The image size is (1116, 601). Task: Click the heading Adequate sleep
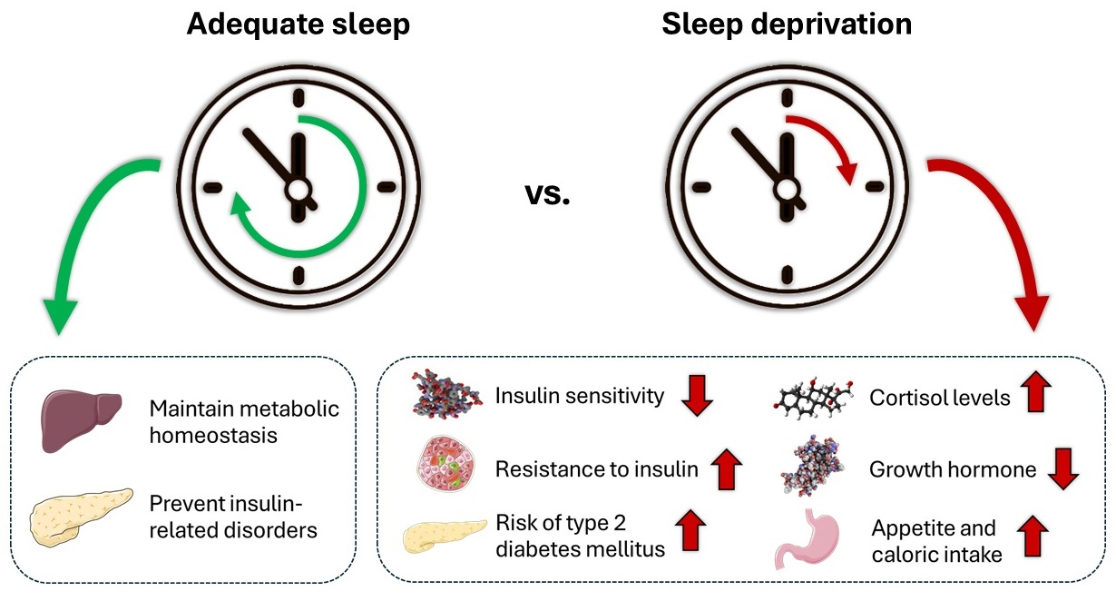tap(298, 25)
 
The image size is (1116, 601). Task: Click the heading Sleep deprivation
tap(787, 25)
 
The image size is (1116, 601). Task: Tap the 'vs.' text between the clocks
tap(548, 193)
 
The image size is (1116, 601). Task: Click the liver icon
tap(82, 420)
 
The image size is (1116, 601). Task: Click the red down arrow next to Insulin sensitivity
tap(698, 396)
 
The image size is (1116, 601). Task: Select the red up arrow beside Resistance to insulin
tap(725, 468)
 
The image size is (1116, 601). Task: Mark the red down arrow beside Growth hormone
tap(1062, 468)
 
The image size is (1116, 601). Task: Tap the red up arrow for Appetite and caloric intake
tap(1032, 537)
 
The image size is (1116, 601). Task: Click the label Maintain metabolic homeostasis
tap(245, 421)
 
